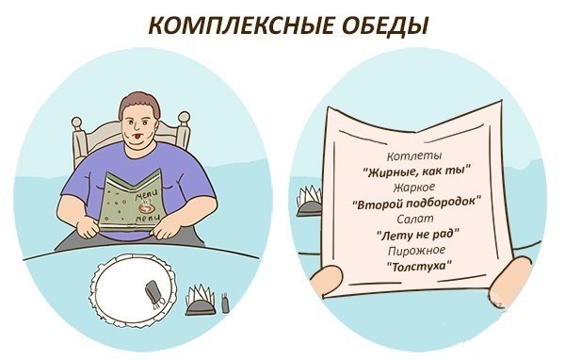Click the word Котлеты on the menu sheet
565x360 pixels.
click(414, 155)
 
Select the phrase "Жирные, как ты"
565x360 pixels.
click(416, 171)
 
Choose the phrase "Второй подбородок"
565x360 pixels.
click(415, 203)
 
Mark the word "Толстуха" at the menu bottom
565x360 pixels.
click(416, 267)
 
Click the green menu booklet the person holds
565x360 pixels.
click(133, 199)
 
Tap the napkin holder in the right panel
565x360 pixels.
click(309, 203)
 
